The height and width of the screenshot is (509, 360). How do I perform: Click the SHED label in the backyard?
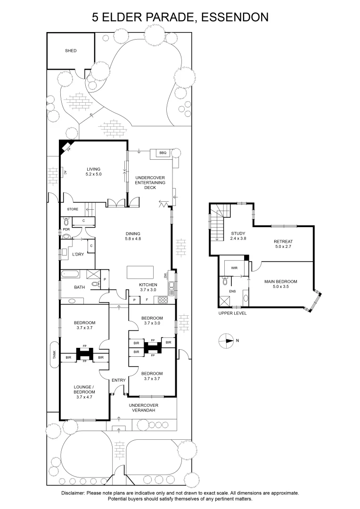click(x=70, y=50)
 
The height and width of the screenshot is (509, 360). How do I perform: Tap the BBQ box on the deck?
click(x=163, y=153)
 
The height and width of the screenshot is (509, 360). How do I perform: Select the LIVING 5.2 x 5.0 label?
click(x=94, y=172)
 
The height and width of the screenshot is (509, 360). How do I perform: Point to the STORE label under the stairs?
click(x=73, y=209)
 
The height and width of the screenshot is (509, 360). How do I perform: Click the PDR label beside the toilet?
click(x=66, y=230)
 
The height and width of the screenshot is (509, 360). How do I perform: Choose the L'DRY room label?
click(x=78, y=254)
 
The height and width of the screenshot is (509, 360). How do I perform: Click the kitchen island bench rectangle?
click(x=140, y=272)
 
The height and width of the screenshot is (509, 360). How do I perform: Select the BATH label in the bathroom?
click(x=79, y=287)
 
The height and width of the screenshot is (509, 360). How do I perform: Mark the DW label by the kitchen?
click(x=165, y=276)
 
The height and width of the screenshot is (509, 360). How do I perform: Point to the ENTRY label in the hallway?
click(x=118, y=380)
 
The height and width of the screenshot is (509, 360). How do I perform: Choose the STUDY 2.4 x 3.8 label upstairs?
click(x=238, y=236)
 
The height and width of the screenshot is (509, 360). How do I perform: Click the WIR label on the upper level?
click(x=234, y=268)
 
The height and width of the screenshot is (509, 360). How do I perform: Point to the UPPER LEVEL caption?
click(x=233, y=313)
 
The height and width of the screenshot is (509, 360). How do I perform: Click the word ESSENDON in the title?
click(x=234, y=17)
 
